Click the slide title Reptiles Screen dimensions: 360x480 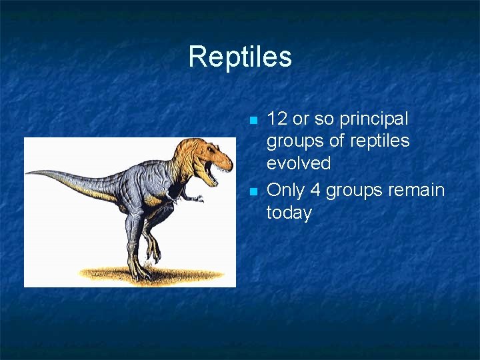240,57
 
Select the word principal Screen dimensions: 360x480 374,119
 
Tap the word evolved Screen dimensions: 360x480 299,163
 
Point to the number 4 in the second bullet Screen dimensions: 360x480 315,190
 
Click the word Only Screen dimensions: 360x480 285,190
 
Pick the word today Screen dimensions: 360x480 289,213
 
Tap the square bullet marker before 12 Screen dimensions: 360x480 253,121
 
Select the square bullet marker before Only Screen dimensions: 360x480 253,192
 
